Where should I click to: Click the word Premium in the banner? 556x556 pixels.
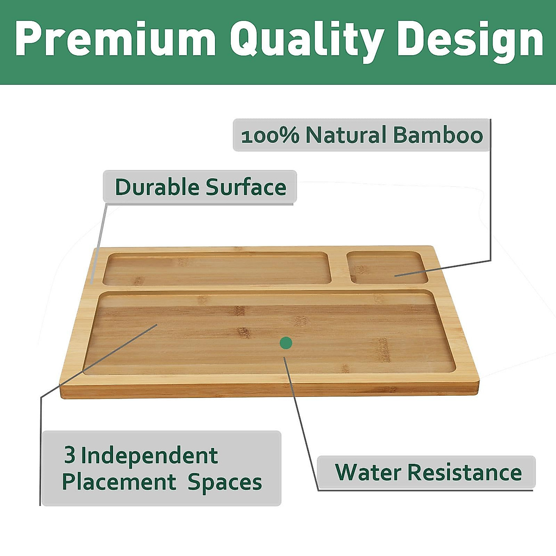pos(115,38)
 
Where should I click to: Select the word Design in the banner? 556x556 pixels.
pos(470,42)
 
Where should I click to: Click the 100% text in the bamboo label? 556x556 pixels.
pos(270,136)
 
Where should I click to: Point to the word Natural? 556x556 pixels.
pos(346,135)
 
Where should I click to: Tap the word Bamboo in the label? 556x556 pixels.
pos(438,135)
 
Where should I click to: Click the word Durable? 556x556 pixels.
pos(157,187)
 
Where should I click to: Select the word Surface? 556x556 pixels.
pos(246,187)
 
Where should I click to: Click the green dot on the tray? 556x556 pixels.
pos(286,343)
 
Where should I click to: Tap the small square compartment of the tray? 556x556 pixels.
pos(389,267)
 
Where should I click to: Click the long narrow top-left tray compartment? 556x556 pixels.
pos(217,268)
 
